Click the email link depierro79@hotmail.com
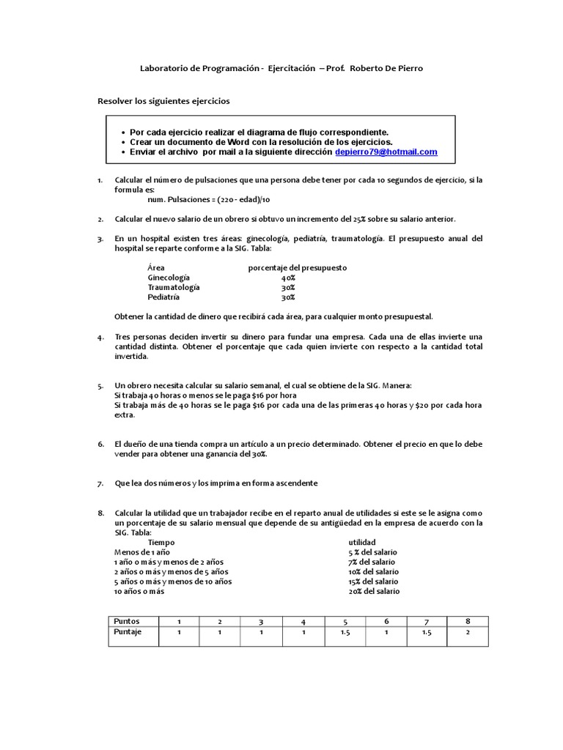[x=386, y=152]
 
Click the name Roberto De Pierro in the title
[x=386, y=68]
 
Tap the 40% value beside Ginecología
[x=288, y=278]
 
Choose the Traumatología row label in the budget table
[x=173, y=288]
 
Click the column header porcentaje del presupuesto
[x=297, y=268]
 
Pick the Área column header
[x=155, y=268]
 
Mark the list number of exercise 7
[x=100, y=484]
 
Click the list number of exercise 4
[x=100, y=337]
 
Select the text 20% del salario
[x=374, y=591]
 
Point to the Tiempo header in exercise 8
[x=161, y=541]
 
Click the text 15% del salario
[x=374, y=581]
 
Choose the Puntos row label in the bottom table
[x=126, y=621]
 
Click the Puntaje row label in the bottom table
[x=128, y=631]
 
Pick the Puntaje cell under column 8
[x=467, y=632]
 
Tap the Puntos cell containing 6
[x=386, y=621]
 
